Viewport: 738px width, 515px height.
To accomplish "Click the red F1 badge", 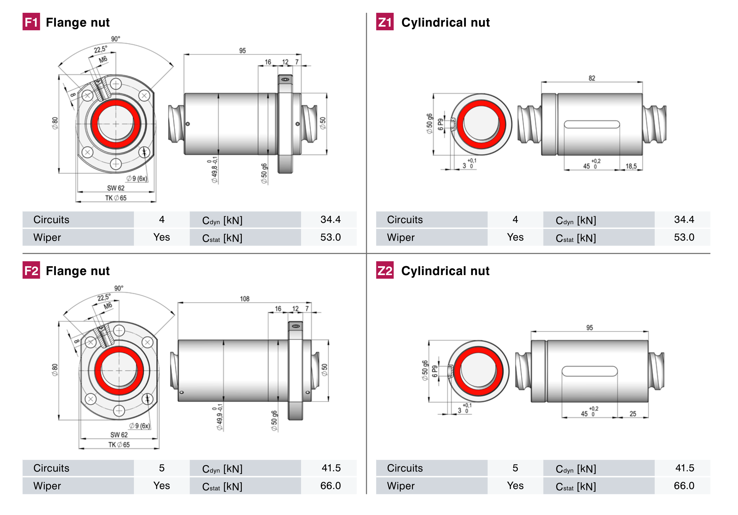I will pos(31,22).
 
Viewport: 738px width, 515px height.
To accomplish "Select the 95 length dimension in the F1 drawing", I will pos(242,51).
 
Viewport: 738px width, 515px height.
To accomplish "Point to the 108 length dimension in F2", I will pos(244,299).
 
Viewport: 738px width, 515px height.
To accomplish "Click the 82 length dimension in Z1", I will pos(592,78).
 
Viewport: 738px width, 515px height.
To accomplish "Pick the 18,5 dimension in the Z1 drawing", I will pos(631,166).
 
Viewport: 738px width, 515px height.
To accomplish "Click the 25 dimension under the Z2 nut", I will pos(633,414).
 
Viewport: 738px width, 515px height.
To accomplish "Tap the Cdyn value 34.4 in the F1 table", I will pos(330,220).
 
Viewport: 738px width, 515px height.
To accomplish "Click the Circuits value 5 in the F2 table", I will pos(162,468).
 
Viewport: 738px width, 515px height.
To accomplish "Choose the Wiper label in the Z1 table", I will pos(401,237).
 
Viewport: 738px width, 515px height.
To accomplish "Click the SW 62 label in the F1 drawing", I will pos(116,188).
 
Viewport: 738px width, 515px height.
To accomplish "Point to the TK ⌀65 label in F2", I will pos(119,445).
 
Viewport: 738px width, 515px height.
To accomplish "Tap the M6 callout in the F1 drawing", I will pos(103,59).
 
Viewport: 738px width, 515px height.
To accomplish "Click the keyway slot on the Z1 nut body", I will pos(592,124).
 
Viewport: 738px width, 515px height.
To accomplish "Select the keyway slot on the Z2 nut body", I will pos(589,371).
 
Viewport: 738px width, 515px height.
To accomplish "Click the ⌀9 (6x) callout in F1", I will pos(137,178).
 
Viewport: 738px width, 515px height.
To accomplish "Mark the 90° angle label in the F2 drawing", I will pos(119,288).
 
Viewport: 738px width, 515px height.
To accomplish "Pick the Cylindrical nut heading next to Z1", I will pos(445,22).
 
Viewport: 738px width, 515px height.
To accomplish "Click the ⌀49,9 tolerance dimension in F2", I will pos(219,417).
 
